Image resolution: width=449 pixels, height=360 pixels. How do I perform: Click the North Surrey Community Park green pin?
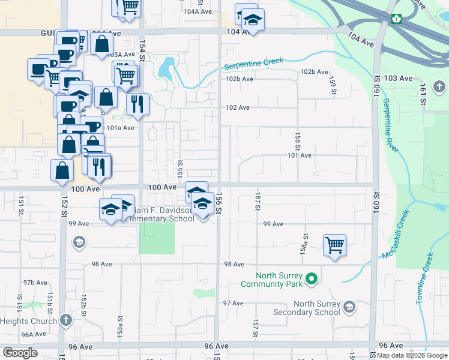311,279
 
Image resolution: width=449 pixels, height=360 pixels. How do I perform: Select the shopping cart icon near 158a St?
334,245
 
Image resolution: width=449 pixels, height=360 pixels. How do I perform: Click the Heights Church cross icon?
65,319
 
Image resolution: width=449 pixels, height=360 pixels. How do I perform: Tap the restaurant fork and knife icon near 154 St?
137,104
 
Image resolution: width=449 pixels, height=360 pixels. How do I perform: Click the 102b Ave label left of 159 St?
315,71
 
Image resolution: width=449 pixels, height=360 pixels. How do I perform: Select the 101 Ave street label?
300,155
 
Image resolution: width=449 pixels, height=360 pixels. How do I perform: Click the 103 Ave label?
399,79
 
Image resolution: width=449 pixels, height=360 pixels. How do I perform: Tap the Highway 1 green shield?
396,18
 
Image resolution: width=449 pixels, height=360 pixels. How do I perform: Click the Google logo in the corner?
20,353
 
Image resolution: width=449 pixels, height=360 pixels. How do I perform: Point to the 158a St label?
304,244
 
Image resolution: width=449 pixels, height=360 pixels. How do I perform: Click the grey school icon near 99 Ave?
78,242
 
